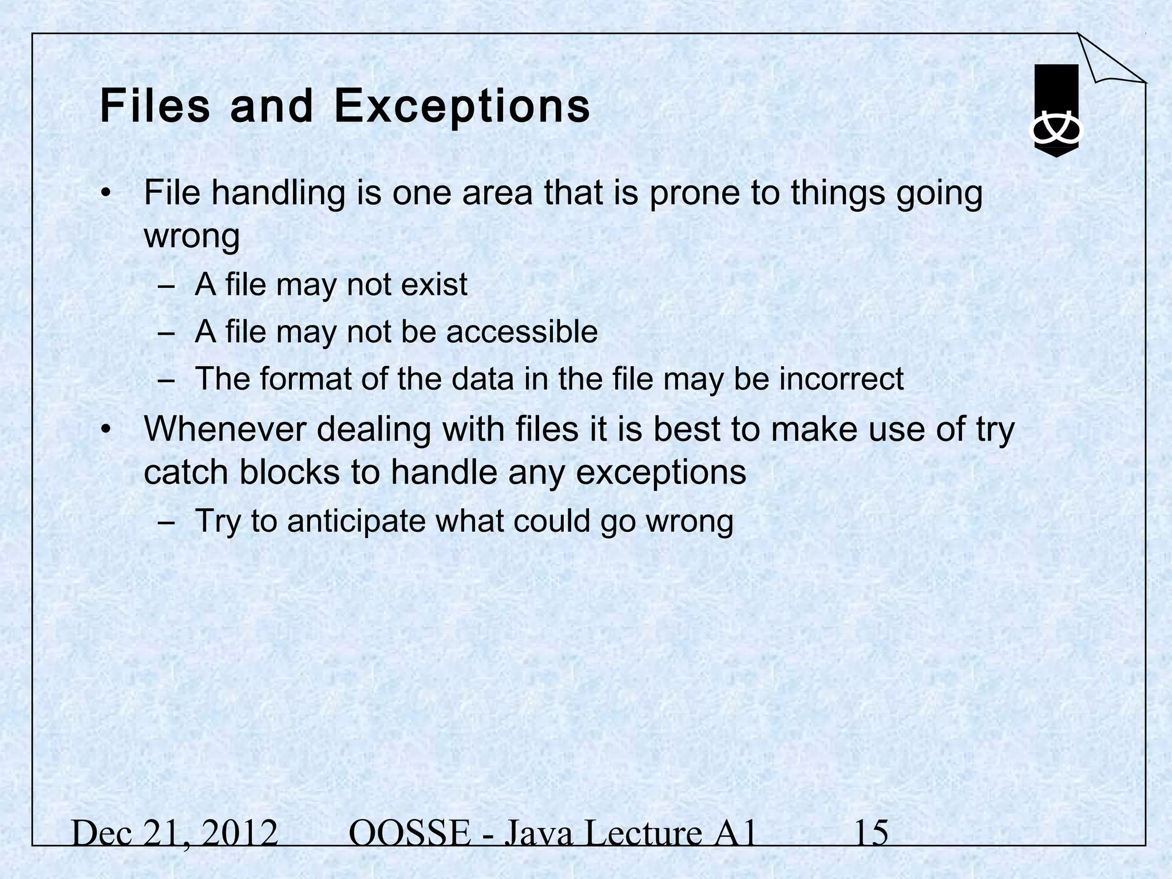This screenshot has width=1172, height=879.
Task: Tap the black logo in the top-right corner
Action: [1056, 111]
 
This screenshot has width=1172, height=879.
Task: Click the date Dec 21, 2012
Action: [175, 834]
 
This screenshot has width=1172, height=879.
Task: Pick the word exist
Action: [434, 284]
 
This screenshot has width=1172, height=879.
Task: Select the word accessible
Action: [522, 331]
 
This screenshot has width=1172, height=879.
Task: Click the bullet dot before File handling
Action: [104, 193]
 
